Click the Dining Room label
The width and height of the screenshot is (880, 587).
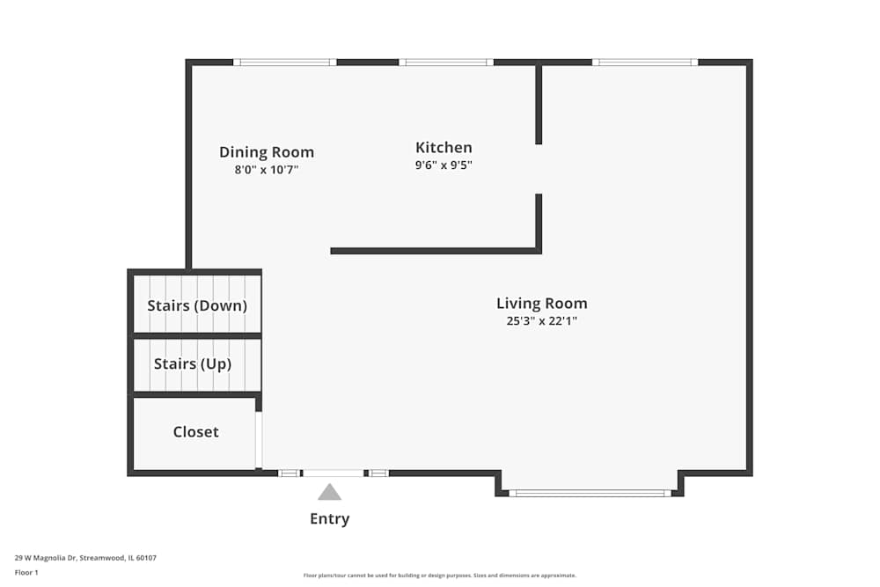(267, 152)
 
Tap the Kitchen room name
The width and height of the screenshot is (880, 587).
(444, 148)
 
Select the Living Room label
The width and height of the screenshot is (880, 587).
(541, 304)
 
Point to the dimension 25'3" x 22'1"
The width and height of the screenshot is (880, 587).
(541, 321)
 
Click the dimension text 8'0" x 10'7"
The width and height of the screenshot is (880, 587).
(267, 170)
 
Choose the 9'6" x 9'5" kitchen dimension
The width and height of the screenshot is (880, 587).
(444, 165)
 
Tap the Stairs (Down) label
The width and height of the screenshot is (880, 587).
(197, 306)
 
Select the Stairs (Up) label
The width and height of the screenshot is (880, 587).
(193, 364)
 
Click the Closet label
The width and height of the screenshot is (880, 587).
(196, 431)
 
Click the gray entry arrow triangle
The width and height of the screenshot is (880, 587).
(329, 492)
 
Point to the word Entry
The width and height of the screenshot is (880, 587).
(329, 518)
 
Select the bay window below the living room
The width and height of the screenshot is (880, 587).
(590, 494)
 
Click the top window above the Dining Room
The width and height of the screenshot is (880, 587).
(285, 62)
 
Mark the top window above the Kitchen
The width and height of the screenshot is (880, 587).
(446, 62)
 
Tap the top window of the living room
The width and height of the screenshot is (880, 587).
(645, 62)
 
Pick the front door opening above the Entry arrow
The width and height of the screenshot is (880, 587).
(334, 473)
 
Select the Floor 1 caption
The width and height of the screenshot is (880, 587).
(26, 572)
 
